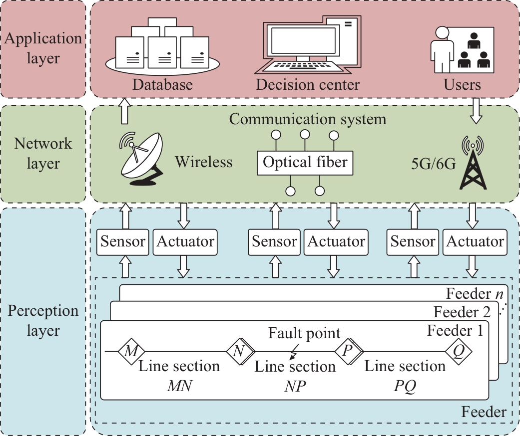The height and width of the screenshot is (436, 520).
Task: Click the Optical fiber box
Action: [305, 163]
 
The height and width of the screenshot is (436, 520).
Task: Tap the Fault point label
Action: [304, 333]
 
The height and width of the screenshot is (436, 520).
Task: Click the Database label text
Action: [162, 85]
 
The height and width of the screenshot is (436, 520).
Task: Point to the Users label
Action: [462, 85]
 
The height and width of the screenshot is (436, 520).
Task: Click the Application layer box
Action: [43, 49]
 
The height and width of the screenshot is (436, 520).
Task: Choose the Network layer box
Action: [43, 154]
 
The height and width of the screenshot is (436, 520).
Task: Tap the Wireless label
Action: [204, 162]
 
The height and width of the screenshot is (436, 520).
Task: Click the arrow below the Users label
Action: [476, 111]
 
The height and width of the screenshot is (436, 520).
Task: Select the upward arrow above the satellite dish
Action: [123, 111]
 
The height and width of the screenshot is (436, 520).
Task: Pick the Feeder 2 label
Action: [462, 313]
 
